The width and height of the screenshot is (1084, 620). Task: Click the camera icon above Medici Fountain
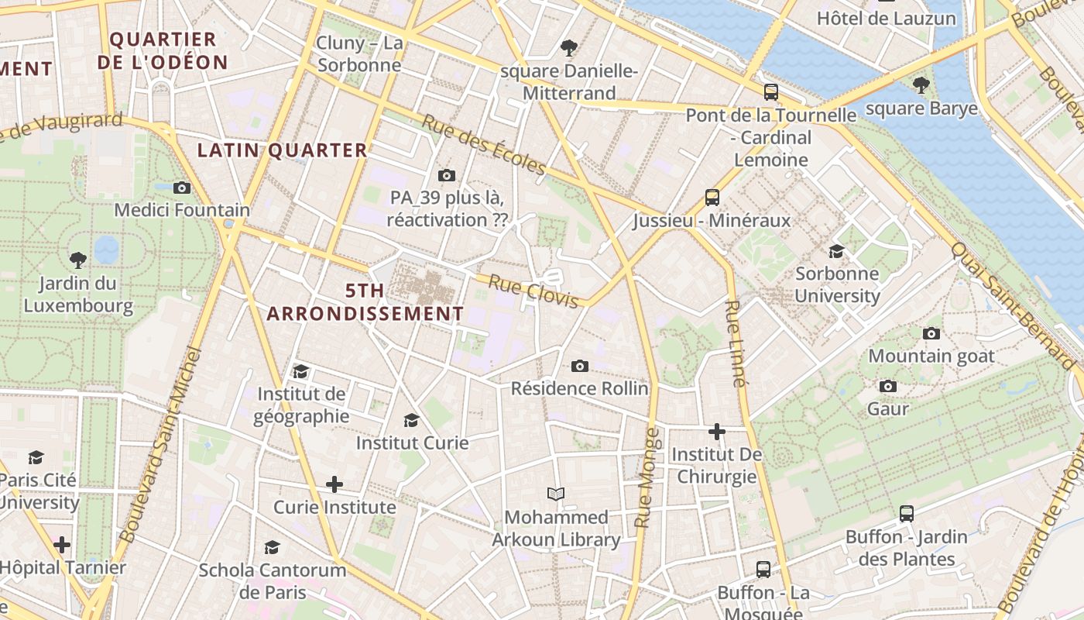182,188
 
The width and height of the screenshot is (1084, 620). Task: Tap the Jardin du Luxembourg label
78,294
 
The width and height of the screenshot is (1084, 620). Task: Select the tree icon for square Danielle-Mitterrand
569,48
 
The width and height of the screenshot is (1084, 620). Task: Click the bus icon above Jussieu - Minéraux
712,198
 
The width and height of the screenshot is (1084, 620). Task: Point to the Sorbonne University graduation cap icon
836,251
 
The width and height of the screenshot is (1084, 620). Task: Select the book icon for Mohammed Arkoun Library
556,494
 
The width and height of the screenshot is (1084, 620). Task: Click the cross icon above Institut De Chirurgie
717,431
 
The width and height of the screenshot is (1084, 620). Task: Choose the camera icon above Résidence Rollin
579,366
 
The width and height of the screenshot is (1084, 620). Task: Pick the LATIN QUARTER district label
282,150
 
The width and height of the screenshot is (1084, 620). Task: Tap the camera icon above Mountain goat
931,333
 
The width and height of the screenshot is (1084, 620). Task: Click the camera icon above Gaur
888,386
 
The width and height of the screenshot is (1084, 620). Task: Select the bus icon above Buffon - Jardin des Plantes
907,513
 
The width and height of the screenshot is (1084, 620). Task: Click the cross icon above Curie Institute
334,485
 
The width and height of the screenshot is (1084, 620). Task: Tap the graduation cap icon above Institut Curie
412,420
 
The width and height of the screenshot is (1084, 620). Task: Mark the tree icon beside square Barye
921,85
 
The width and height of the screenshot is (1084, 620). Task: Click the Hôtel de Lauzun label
887,18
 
